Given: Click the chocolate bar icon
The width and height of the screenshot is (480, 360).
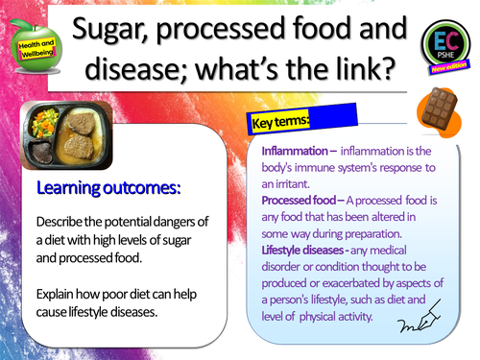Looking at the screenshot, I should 437,121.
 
